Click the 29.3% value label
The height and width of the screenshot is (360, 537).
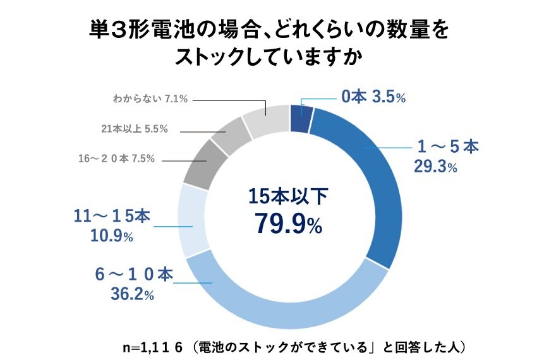coord(435,167)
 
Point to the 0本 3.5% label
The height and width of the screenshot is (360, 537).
coord(373,97)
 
